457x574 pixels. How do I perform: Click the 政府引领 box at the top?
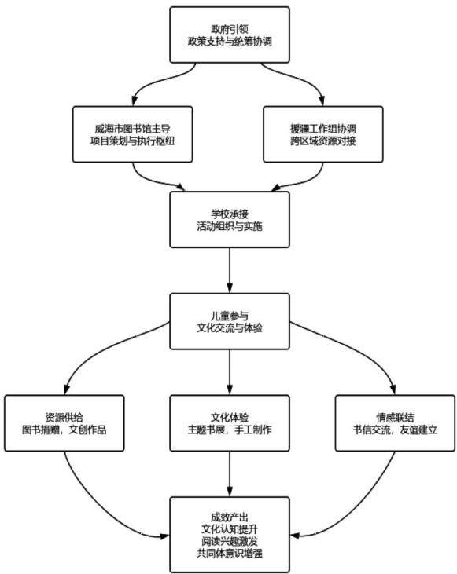click(x=230, y=35)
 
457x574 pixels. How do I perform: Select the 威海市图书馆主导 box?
click(x=132, y=134)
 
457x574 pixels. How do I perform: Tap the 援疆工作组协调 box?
click(x=323, y=134)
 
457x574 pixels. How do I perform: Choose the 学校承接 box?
click(x=230, y=219)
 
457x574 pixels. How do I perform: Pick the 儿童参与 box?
click(x=230, y=321)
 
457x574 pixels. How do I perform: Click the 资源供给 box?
click(x=64, y=422)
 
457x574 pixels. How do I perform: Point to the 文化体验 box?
click(x=230, y=422)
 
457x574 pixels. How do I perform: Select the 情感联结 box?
click(x=395, y=422)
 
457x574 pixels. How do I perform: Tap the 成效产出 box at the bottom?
click(x=230, y=535)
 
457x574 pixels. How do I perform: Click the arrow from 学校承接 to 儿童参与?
click(x=230, y=270)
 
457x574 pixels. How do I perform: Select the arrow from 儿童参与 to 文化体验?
click(x=230, y=372)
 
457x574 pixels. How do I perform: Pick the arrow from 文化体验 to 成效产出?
click(x=230, y=473)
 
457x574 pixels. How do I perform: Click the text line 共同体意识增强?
click(x=230, y=553)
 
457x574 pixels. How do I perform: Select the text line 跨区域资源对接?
click(x=323, y=141)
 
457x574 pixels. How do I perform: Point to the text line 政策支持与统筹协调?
click(x=230, y=42)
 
